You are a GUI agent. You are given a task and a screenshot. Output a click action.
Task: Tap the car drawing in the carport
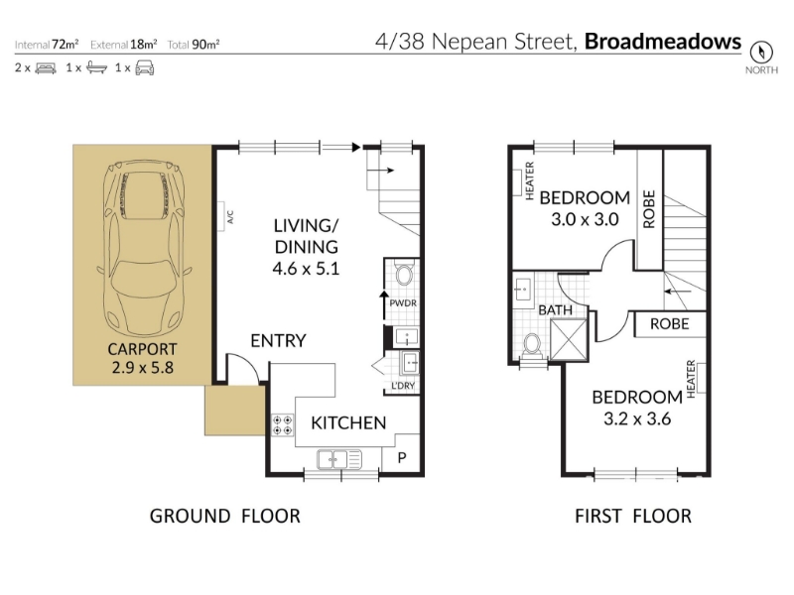pos(143,248)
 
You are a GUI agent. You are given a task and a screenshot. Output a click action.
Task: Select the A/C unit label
pos(230,217)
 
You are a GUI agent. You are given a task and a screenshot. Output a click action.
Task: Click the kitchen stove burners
pos(282,425)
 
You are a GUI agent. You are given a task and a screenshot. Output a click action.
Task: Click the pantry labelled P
pos(402,458)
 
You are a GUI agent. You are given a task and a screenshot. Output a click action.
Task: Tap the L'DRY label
pos(403,386)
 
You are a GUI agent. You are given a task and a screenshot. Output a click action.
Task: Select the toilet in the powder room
pos(404,274)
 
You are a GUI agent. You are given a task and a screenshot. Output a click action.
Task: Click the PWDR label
pos(403,303)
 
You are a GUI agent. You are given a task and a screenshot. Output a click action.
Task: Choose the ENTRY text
pos(278,340)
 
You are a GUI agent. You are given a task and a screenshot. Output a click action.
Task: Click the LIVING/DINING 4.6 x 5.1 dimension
pos(306,268)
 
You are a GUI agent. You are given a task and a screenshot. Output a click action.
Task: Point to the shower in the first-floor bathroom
pos(569,339)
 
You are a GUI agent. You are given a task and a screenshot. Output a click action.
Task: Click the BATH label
pos(555,309)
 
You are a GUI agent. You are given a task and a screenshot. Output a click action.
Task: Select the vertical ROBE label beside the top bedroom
pos(649,209)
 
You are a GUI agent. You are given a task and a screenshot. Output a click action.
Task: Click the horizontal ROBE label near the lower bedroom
pos(669,324)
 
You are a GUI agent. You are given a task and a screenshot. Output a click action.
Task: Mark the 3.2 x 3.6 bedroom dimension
pos(637,418)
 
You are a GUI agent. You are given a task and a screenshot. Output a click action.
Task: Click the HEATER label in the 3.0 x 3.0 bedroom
pos(530,180)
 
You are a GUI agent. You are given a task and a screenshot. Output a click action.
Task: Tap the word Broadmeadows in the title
pos(663,42)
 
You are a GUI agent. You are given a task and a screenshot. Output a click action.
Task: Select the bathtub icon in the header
pos(96,67)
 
